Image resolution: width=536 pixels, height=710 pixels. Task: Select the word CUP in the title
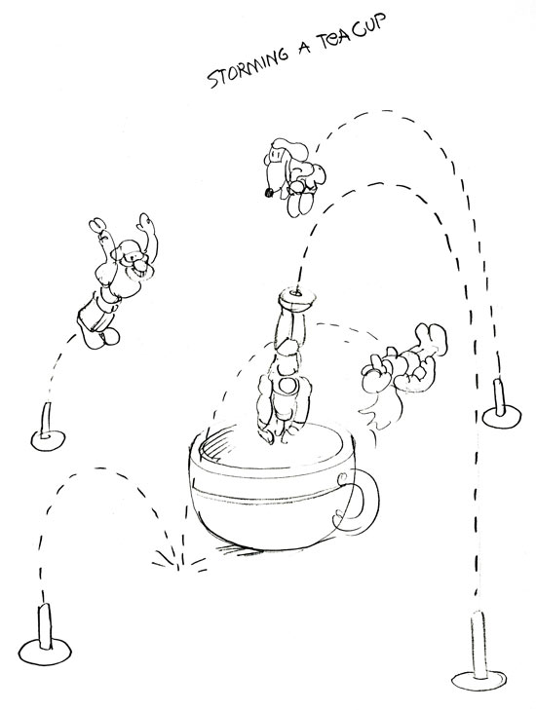tap(369, 26)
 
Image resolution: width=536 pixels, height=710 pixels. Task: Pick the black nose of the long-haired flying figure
tap(268, 194)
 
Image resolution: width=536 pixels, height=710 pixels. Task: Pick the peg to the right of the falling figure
tap(501, 406)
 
